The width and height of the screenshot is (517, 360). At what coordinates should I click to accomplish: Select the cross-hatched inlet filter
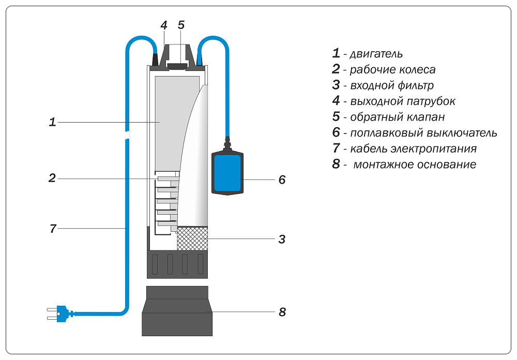click(x=192, y=238)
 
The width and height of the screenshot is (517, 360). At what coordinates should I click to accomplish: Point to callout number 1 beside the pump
click(x=52, y=123)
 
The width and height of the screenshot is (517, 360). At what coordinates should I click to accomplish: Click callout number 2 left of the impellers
click(x=52, y=178)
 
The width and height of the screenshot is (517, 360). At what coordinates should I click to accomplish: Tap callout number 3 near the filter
click(x=282, y=239)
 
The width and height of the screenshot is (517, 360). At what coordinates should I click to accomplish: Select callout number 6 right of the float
click(x=282, y=180)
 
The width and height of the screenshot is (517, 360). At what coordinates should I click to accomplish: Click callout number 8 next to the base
click(x=282, y=312)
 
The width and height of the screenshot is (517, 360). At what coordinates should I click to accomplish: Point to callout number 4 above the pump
click(x=163, y=25)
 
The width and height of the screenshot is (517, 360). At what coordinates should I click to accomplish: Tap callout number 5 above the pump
click(x=181, y=25)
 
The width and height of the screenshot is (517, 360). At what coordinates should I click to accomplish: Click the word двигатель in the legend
click(x=376, y=54)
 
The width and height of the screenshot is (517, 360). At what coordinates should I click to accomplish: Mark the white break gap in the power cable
click(x=127, y=136)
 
